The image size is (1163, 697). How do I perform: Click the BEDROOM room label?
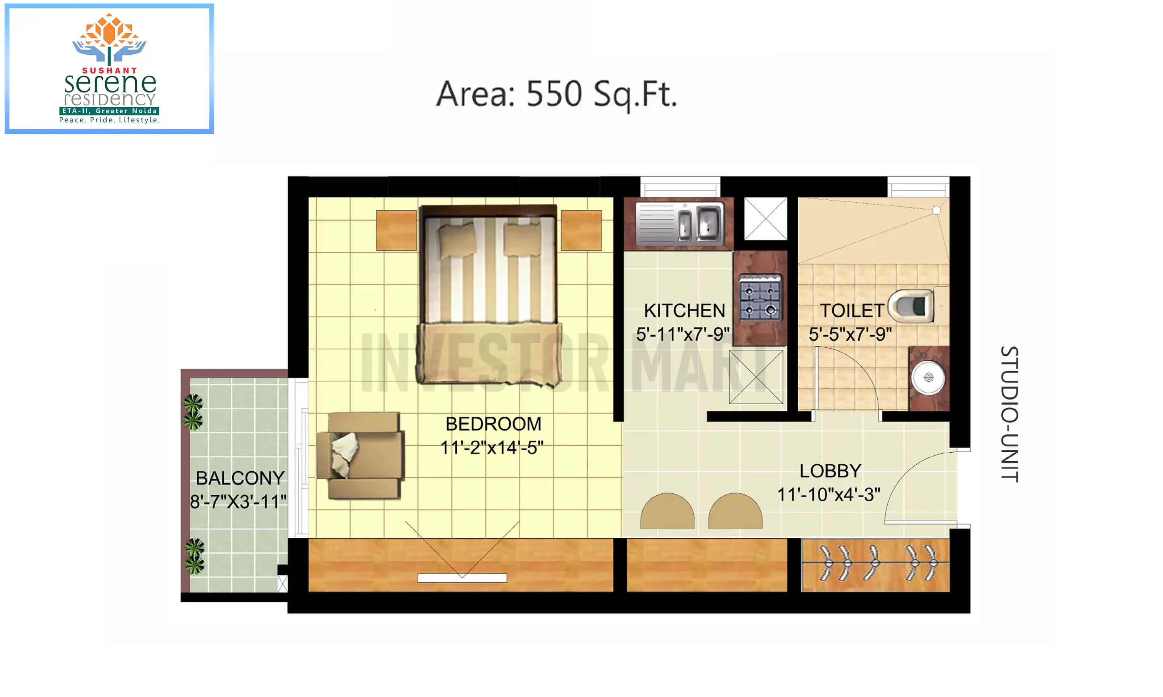point(493,424)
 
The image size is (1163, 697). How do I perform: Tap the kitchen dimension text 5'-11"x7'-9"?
point(683,335)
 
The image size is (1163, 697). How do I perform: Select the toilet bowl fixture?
point(911,306)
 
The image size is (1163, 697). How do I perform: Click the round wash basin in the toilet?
point(928,378)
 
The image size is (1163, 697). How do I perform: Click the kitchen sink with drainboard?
point(680,223)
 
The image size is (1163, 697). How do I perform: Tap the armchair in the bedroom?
point(360,456)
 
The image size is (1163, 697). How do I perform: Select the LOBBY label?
point(830,471)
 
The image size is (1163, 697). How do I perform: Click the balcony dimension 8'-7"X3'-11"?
point(238,502)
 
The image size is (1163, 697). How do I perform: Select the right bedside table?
point(581,230)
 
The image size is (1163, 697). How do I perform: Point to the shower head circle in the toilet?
point(937,210)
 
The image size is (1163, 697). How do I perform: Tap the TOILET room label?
point(852,311)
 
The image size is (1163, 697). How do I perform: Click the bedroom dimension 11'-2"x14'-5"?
point(492,448)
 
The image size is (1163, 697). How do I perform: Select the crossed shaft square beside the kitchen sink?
point(765,218)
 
